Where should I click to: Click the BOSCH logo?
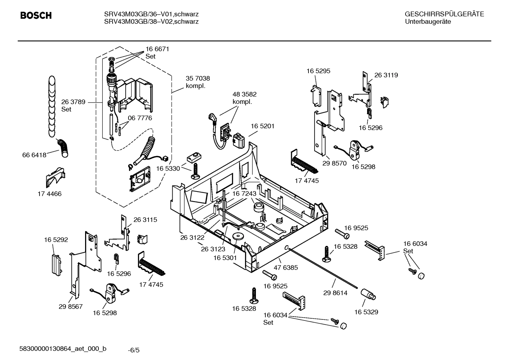pos(36,16)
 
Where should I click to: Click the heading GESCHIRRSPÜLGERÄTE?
pos(444,14)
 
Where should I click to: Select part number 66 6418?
pos(34,155)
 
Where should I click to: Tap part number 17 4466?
pos(49,194)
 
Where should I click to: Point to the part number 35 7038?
pos(198,78)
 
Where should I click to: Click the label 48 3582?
pos(244,94)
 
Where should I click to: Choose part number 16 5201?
pos(263,126)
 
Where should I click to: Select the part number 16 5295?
pos(318,71)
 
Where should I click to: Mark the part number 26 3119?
pos(386,75)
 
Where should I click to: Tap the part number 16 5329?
pos(366,312)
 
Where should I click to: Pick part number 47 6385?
pos(286,267)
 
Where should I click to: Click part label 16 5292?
pos(56,240)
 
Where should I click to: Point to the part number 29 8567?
pos(71,306)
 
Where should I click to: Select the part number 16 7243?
pos(244,194)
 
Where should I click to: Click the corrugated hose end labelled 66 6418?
pos(64,148)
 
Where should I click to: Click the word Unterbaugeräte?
pos(428,22)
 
